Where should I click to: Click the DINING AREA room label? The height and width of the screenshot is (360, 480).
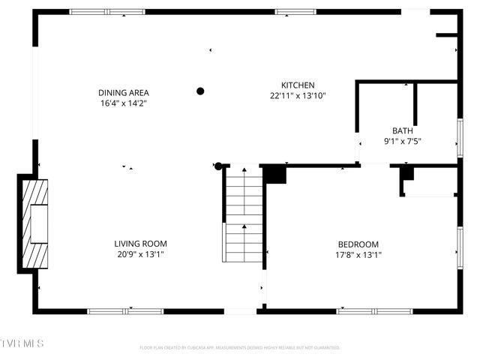(x=121, y=93)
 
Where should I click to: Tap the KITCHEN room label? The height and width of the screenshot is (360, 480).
(x=298, y=85)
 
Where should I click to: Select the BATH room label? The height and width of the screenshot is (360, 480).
(x=402, y=130)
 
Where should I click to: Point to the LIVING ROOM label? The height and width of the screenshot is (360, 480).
(x=140, y=244)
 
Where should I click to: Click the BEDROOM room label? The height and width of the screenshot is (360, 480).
(x=358, y=244)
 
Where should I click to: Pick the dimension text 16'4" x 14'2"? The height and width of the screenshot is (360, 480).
(x=121, y=103)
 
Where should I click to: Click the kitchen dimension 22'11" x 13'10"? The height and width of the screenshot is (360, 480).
(x=298, y=96)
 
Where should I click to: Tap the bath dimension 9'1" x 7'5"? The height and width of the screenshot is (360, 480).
(x=403, y=141)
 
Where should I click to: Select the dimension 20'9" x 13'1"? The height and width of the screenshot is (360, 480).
(x=140, y=254)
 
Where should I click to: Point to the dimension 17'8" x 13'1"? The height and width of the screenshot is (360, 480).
(x=358, y=255)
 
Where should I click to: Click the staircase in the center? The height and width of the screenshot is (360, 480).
(x=243, y=214)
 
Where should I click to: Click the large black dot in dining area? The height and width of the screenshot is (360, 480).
(x=200, y=91)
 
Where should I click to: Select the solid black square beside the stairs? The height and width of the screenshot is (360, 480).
(x=274, y=174)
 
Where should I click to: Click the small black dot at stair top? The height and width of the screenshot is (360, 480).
(x=218, y=165)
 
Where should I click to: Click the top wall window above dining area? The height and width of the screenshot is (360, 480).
(x=107, y=12)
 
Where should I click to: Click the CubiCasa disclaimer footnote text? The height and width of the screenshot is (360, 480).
(x=240, y=348)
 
